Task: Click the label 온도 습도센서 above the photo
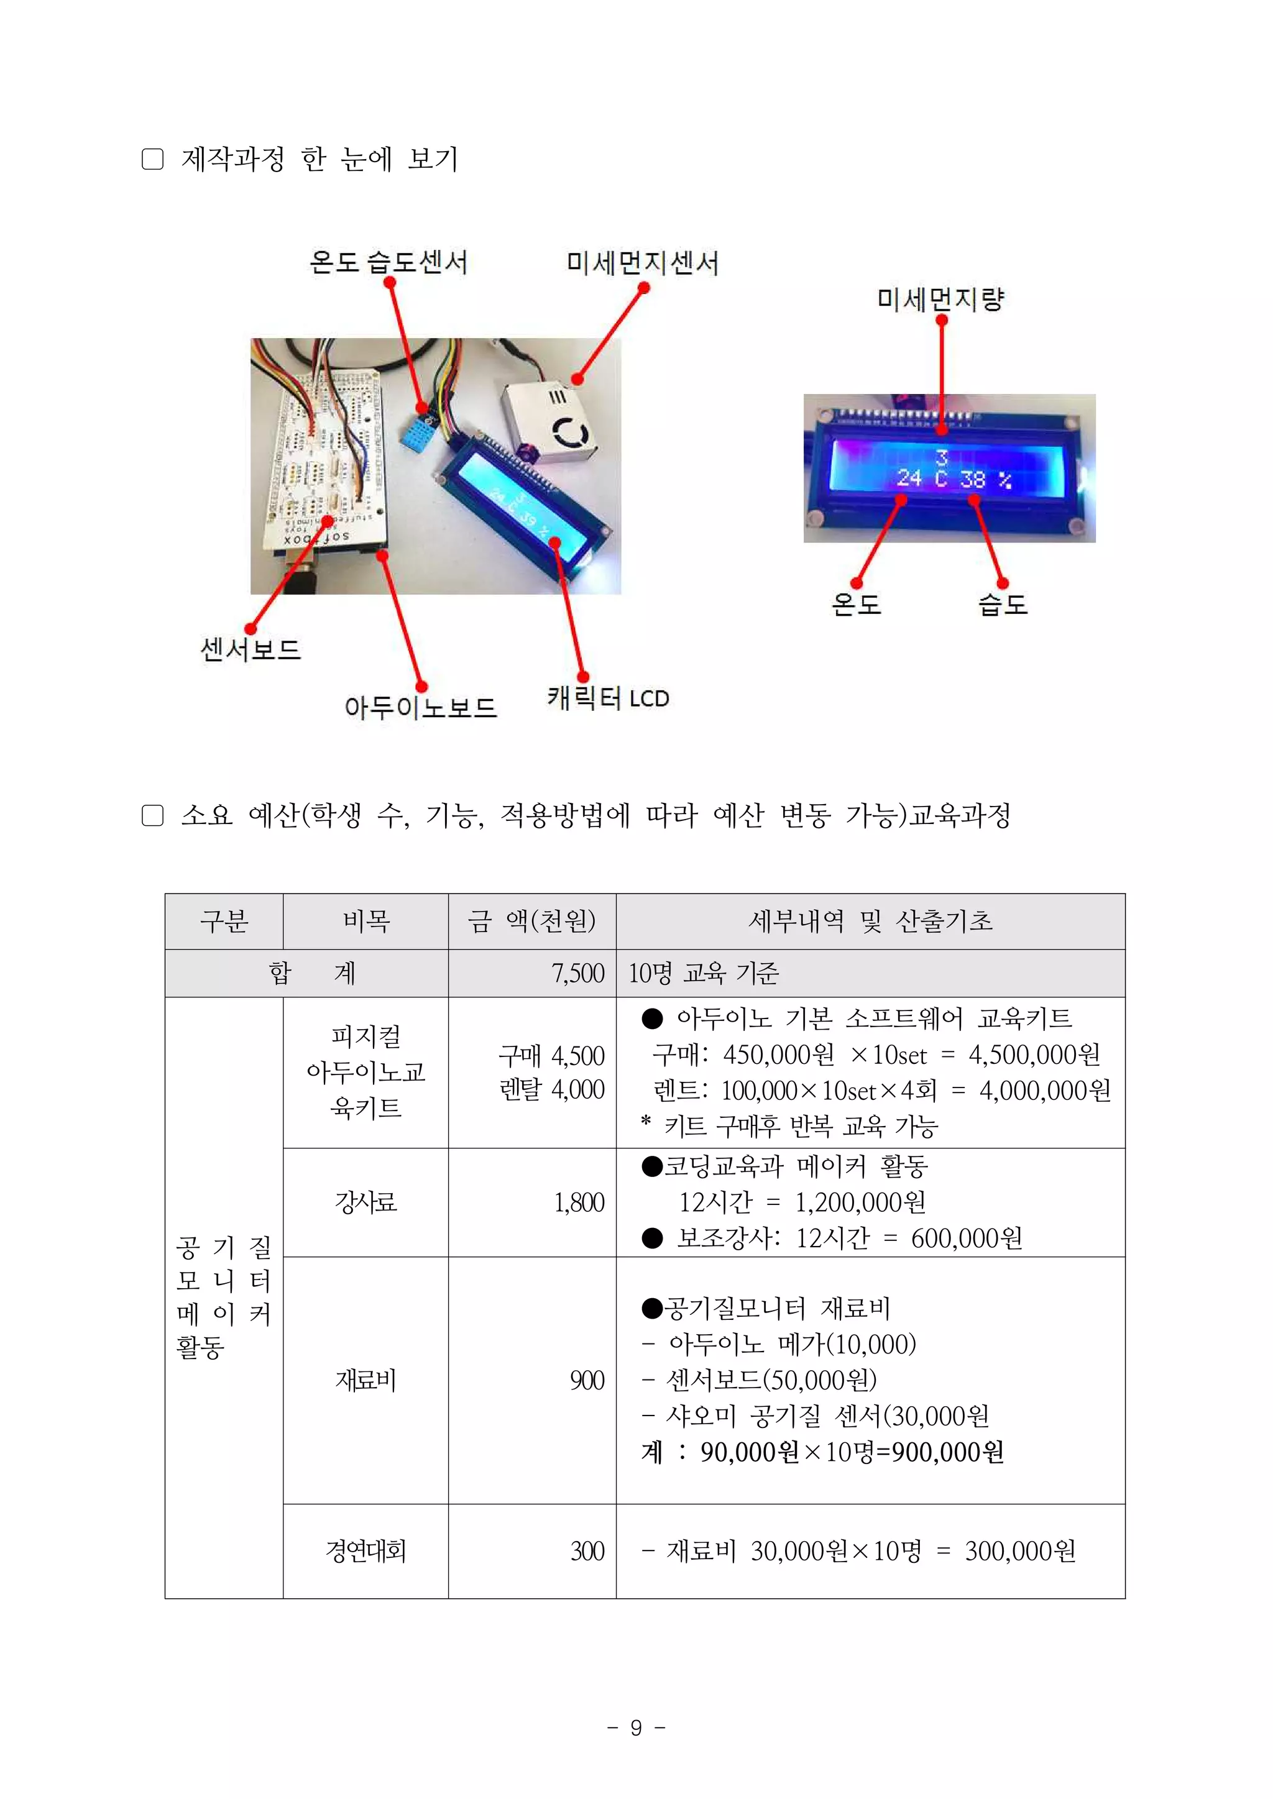point(388,262)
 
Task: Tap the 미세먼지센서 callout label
point(642,263)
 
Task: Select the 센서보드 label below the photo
point(251,649)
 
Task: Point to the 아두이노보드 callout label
point(420,708)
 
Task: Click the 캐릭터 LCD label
point(607,698)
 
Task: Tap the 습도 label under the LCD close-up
point(1003,604)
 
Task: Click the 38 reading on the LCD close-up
point(972,478)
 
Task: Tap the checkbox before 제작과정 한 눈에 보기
point(153,160)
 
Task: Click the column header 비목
point(365,921)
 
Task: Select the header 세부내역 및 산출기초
point(870,921)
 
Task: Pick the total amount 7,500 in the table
point(577,973)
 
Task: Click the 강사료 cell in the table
point(365,1202)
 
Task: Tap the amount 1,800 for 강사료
point(579,1202)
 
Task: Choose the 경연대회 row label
point(365,1550)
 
